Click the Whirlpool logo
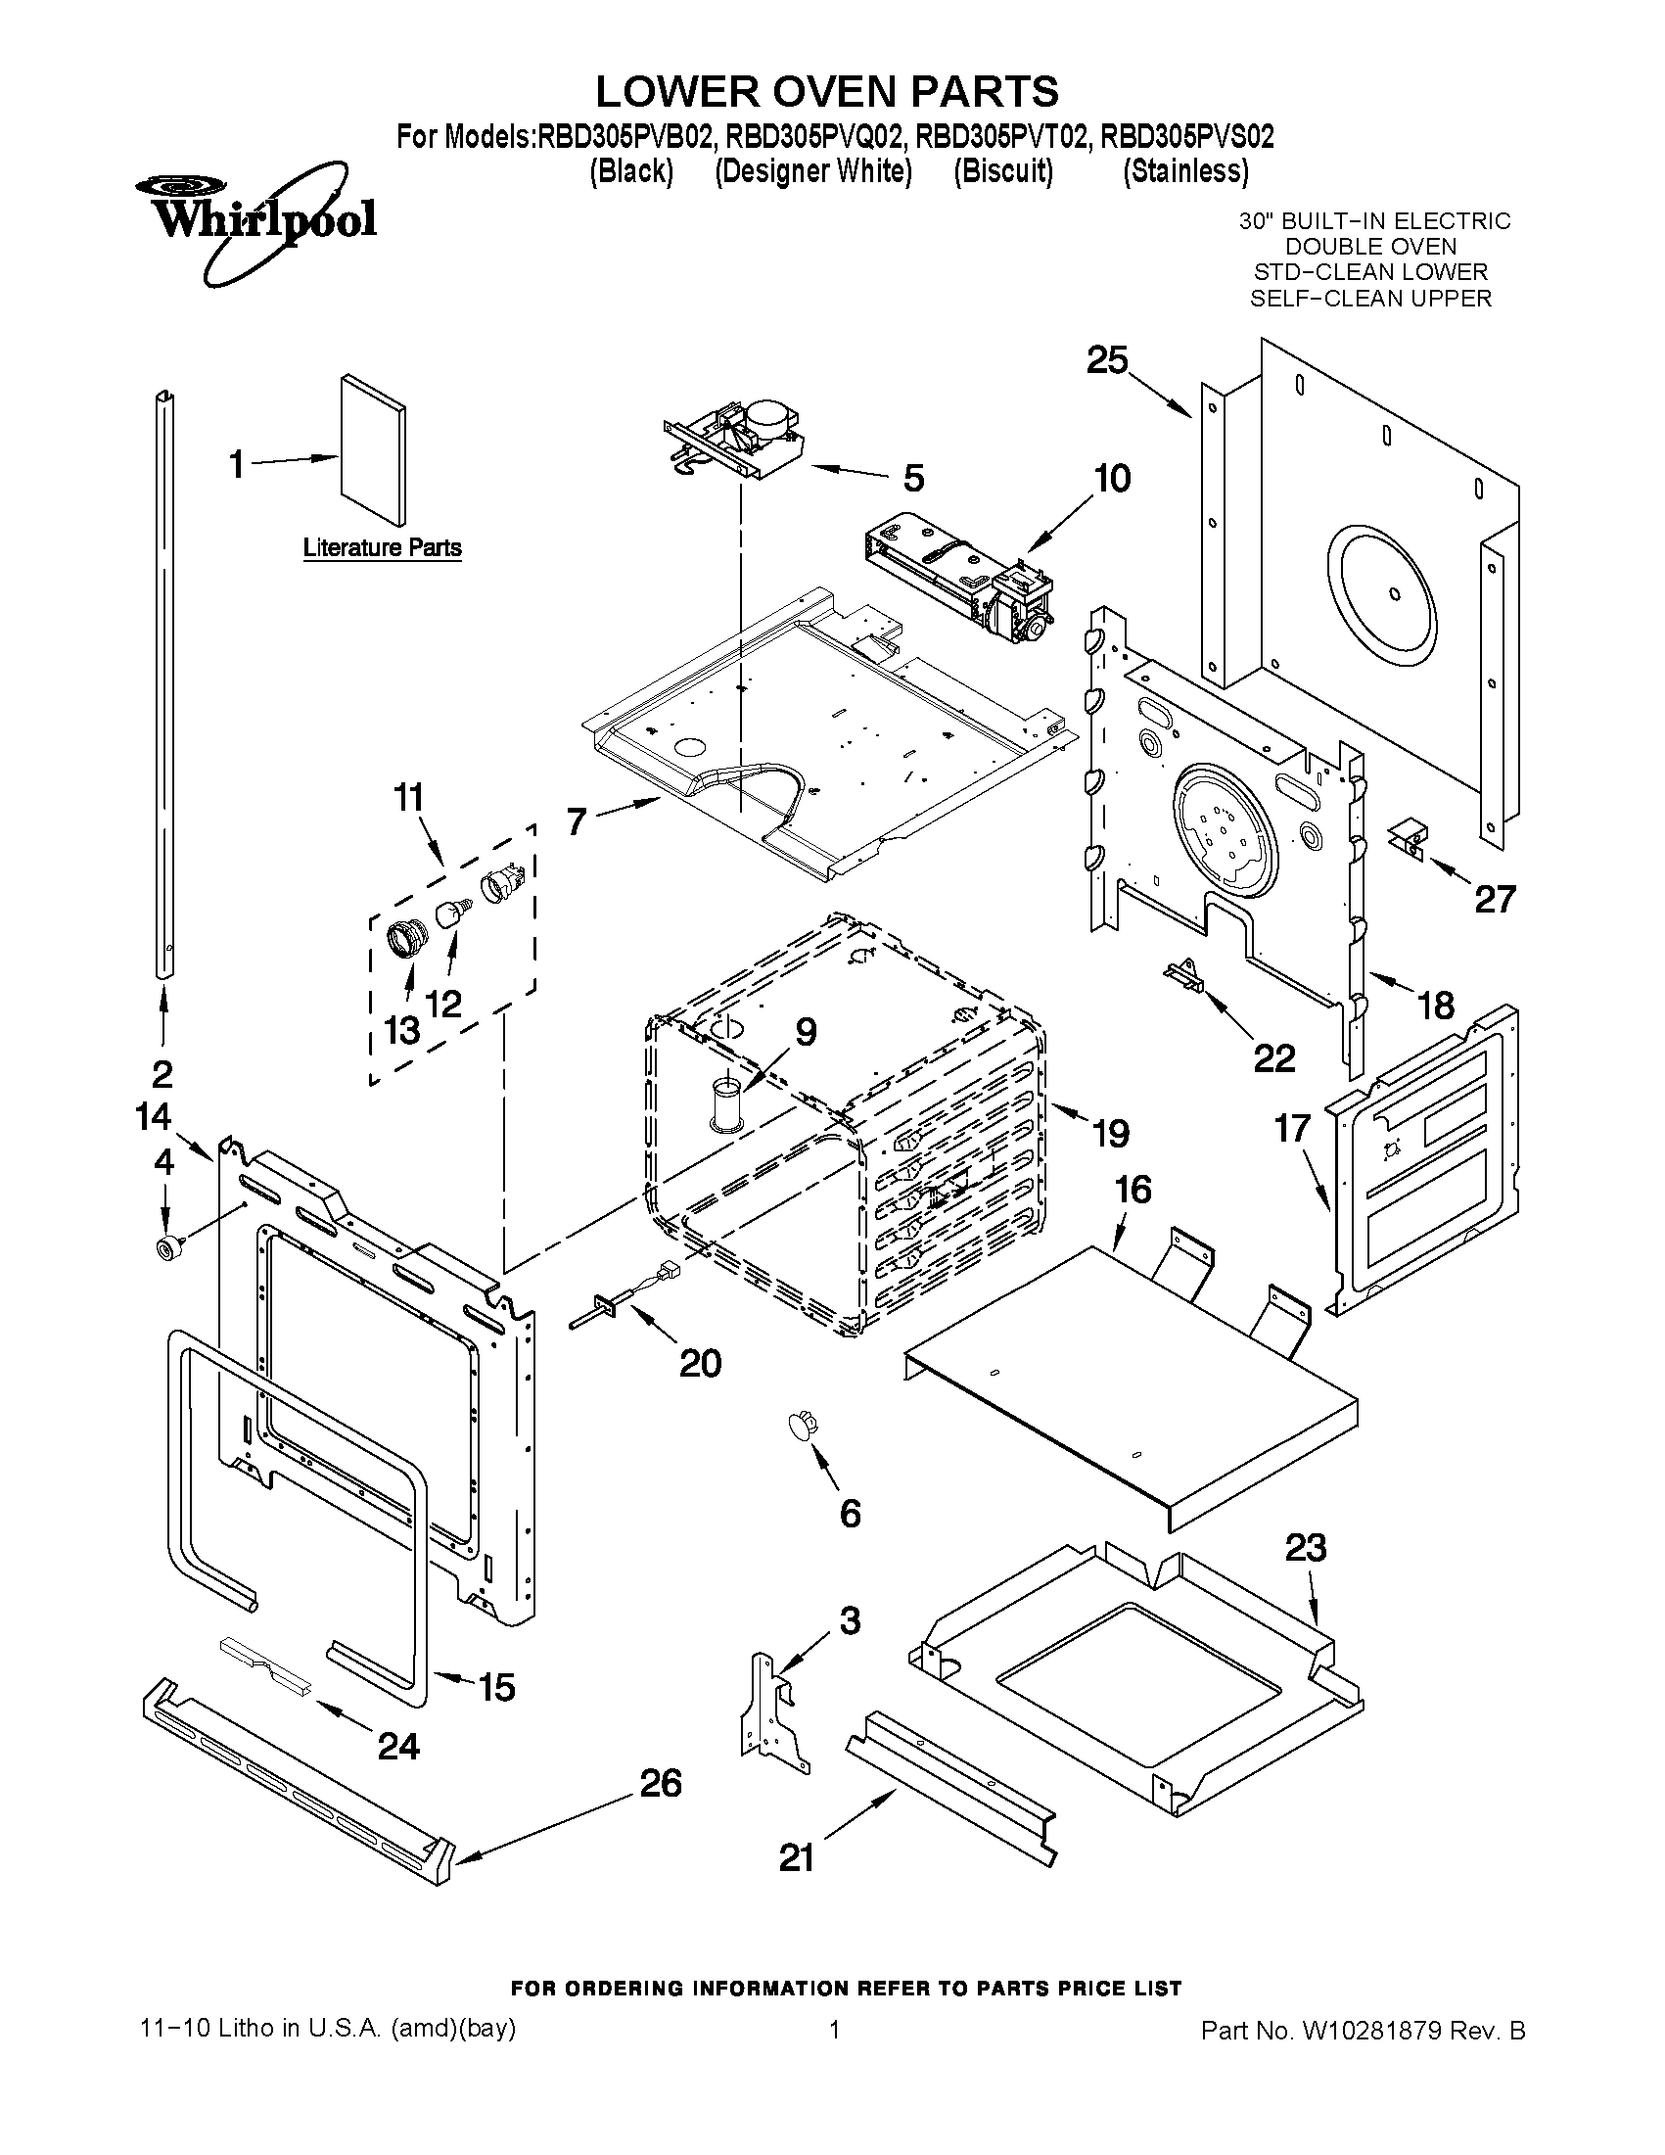(x=254, y=219)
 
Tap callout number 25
(x=1107, y=361)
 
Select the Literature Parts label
(x=382, y=547)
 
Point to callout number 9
(x=806, y=1032)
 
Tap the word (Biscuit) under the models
(x=1003, y=170)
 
